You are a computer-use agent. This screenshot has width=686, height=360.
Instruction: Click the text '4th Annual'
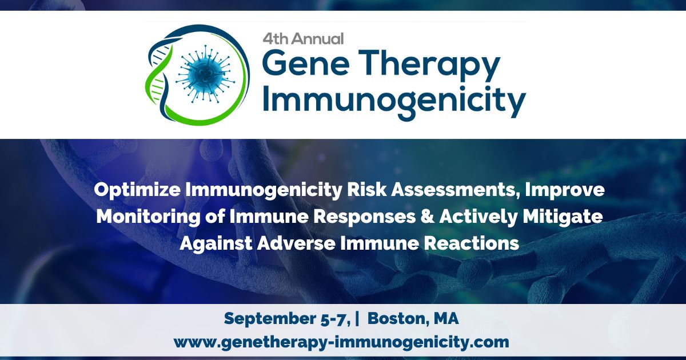coord(303,39)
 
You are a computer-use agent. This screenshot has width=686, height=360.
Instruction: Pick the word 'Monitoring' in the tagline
coord(145,217)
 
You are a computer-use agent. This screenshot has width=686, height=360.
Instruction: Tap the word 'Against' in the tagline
coord(214,243)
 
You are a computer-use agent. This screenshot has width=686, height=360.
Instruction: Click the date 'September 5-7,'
coord(286,319)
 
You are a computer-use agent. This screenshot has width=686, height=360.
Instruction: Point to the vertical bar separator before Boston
coord(357,319)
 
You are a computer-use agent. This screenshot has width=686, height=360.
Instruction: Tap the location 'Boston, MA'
coord(413,319)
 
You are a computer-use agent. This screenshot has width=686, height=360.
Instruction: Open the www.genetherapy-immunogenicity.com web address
coord(341,342)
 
